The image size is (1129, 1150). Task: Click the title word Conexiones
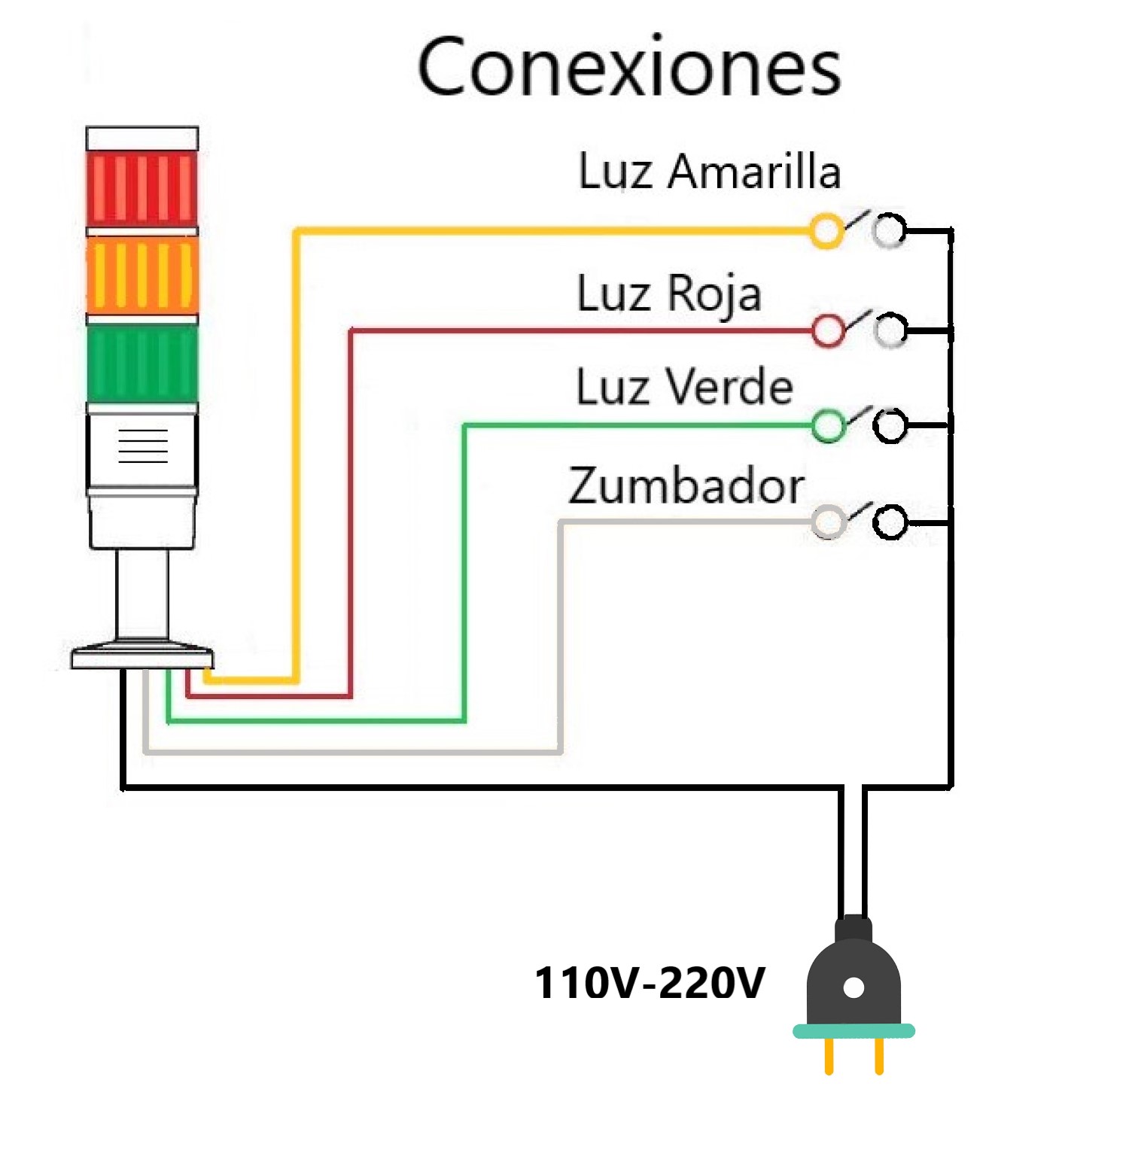(629, 68)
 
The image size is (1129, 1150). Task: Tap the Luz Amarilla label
(709, 172)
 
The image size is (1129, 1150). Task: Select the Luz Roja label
(668, 294)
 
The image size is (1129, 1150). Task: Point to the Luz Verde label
(684, 388)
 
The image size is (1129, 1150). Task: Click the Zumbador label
(686, 486)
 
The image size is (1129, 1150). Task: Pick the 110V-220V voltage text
(649, 983)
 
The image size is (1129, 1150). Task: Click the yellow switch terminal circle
(826, 231)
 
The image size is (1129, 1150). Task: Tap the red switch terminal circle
(829, 330)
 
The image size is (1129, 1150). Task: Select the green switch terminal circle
(829, 426)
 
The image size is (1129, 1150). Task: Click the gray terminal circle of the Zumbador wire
(829, 522)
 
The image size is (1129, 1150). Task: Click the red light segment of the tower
(142, 187)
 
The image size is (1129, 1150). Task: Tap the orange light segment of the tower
(142, 275)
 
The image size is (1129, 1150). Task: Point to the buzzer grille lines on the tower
(143, 446)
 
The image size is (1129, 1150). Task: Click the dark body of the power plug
(854, 971)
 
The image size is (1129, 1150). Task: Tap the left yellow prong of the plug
(829, 1056)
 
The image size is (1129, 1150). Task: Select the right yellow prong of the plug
(878, 1056)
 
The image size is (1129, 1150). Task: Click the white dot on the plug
(854, 987)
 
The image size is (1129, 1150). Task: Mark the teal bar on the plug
(854, 1031)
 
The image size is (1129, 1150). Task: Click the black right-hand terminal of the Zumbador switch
(890, 522)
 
